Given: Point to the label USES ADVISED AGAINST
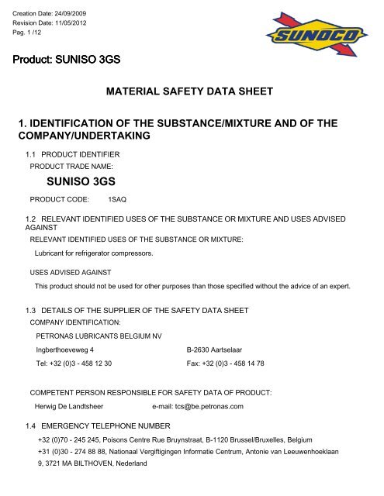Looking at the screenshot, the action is [67, 293].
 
